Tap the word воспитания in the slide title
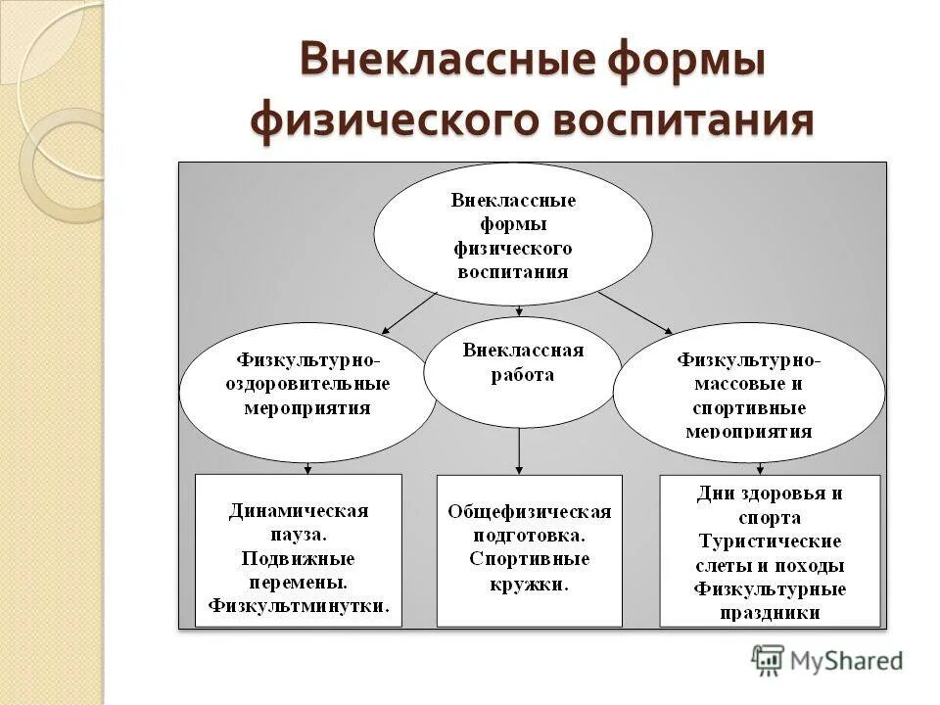pyautogui.click(x=683, y=120)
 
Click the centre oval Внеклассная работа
pyautogui.click(x=522, y=371)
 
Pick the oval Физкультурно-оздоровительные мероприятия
pyautogui.click(x=307, y=392)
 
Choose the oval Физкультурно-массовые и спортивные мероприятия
pyautogui.click(x=749, y=392)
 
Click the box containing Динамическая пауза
pyautogui.click(x=299, y=549)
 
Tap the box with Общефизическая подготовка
pyautogui.click(x=529, y=549)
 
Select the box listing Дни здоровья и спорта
pyautogui.click(x=770, y=549)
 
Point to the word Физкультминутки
pyautogui.click(x=299, y=606)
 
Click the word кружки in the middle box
pyautogui.click(x=529, y=584)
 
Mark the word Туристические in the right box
pyautogui.click(x=770, y=540)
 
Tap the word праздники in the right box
pyautogui.click(x=770, y=613)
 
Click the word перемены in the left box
pyautogui.click(x=299, y=582)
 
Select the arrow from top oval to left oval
pyautogui.click(x=409, y=312)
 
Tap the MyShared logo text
pyautogui.click(x=847, y=661)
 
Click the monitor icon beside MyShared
pyautogui.click(x=768, y=661)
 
